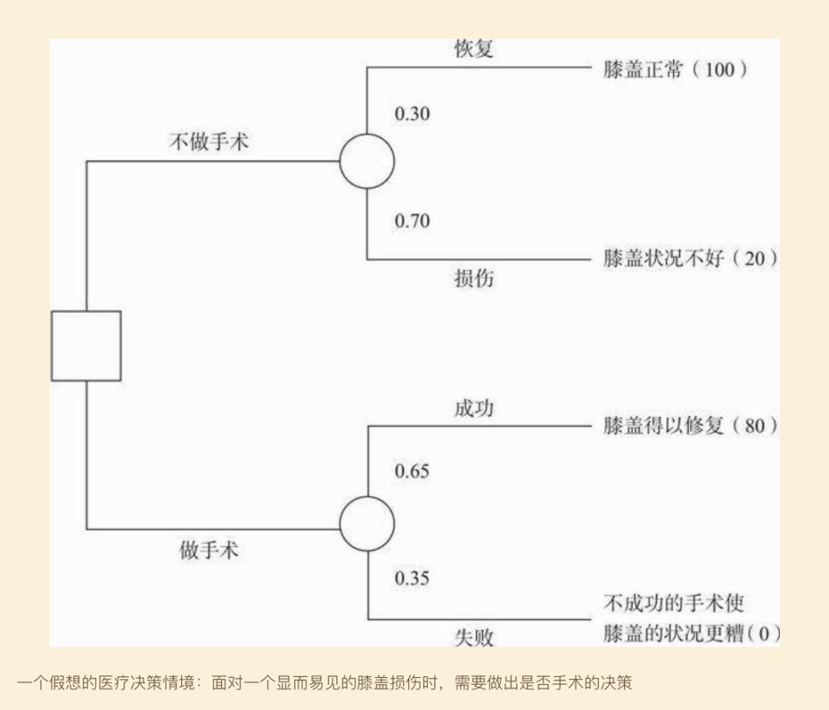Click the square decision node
click(x=86, y=345)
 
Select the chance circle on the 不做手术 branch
click(x=367, y=161)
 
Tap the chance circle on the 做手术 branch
click(x=367, y=523)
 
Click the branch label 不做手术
click(x=209, y=142)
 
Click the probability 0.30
click(x=412, y=114)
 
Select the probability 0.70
click(x=412, y=221)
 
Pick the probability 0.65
click(x=412, y=471)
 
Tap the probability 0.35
click(x=412, y=578)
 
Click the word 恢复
click(x=474, y=50)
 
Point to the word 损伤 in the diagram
click(x=474, y=279)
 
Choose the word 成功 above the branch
click(x=474, y=408)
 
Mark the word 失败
click(x=474, y=637)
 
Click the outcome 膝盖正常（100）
click(x=675, y=71)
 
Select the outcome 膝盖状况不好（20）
click(x=690, y=259)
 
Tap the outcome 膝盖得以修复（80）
click(x=690, y=426)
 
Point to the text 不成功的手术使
click(x=673, y=603)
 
